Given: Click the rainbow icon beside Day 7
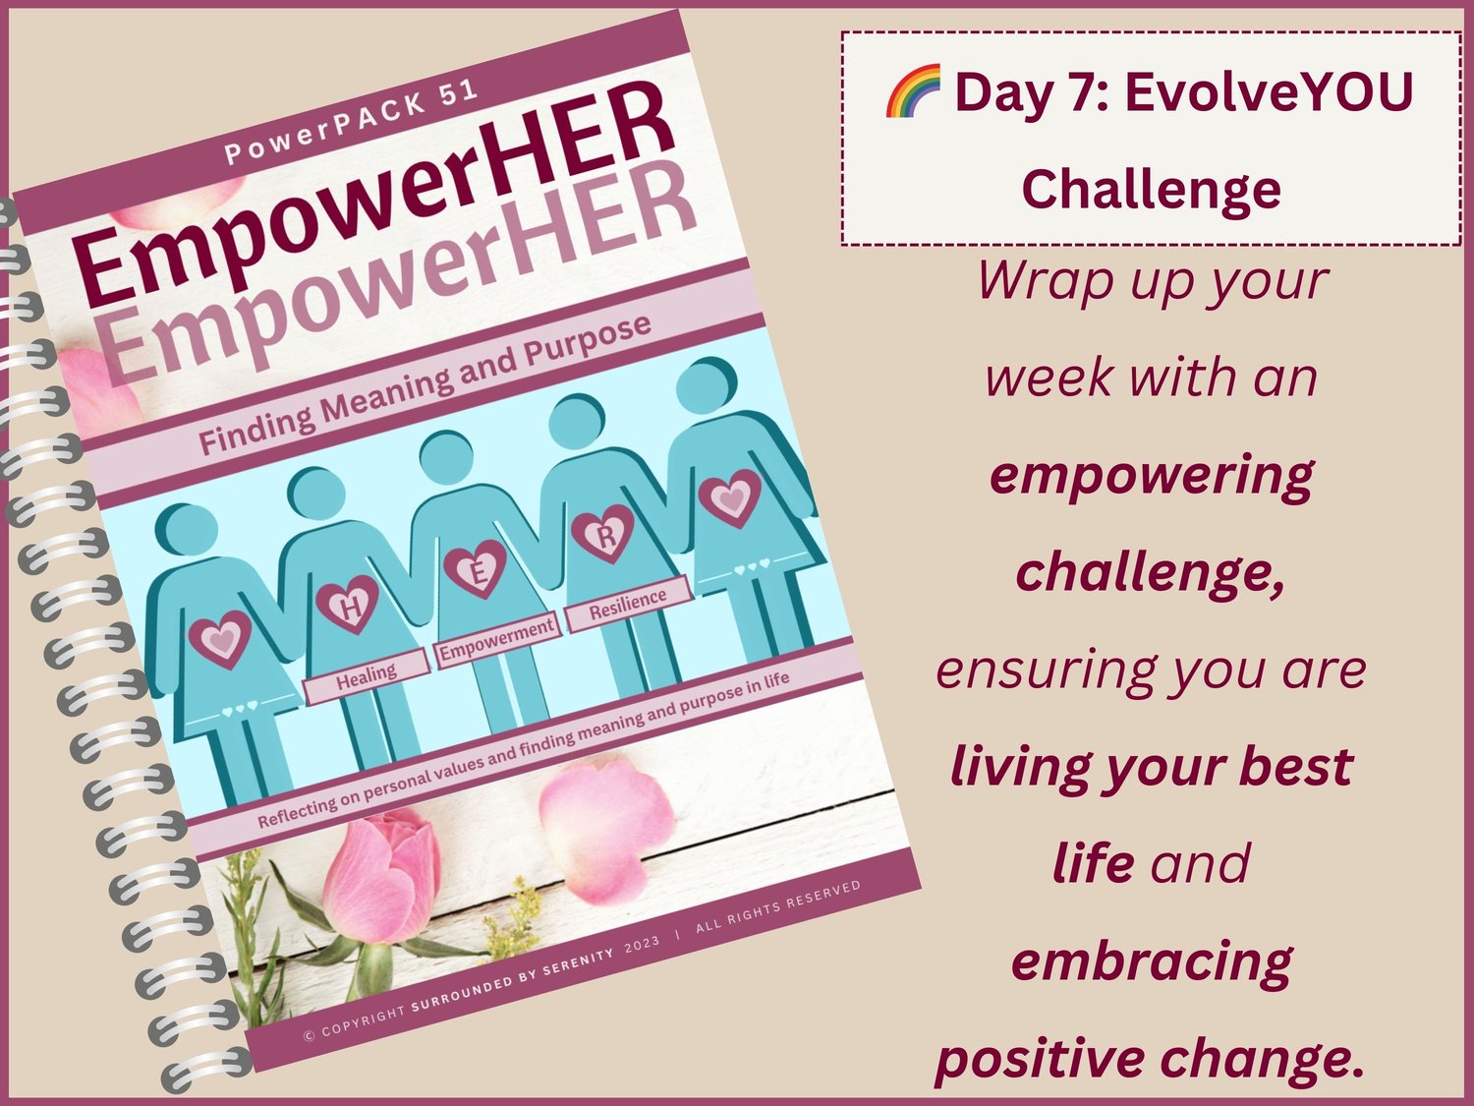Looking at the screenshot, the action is pos(913,90).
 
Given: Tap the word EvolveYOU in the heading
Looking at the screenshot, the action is pos(1270,92).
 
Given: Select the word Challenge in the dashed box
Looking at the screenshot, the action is pos(1151,190).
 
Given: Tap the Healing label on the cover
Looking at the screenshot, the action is pos(367,677).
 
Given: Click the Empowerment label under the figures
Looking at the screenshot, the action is pos(497,640).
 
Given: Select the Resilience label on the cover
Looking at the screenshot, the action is pos(628,603).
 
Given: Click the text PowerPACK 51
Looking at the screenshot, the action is pos(351,124).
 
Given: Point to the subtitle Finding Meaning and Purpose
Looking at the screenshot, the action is pos(425,385).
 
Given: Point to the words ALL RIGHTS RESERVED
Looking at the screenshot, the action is pos(778,905).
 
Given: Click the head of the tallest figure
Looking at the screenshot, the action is pos(706,385).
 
